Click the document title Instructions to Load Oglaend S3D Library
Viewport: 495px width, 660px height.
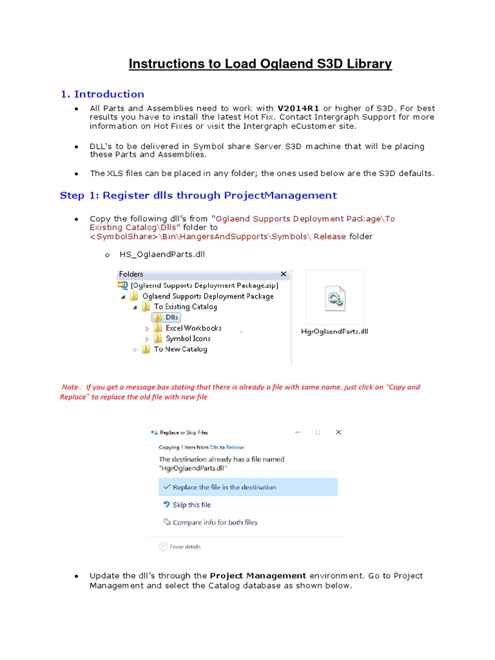point(260,64)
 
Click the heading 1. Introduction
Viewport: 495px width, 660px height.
point(102,94)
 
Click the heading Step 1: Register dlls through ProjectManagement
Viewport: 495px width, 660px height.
point(198,195)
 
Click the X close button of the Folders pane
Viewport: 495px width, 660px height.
point(284,274)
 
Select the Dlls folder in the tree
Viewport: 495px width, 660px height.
point(171,318)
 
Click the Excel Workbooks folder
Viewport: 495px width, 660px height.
point(193,328)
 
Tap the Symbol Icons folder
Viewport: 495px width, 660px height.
point(188,338)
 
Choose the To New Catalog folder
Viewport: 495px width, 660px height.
point(180,349)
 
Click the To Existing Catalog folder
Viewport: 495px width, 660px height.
point(184,307)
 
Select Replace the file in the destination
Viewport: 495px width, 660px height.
point(224,487)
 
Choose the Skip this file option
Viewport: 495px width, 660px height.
point(191,505)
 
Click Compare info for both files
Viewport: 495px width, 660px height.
point(215,522)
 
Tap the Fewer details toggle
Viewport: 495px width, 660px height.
point(184,547)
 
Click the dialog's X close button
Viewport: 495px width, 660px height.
point(338,432)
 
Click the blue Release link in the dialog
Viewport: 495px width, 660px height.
point(235,447)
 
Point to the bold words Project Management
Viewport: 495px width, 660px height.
point(258,576)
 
